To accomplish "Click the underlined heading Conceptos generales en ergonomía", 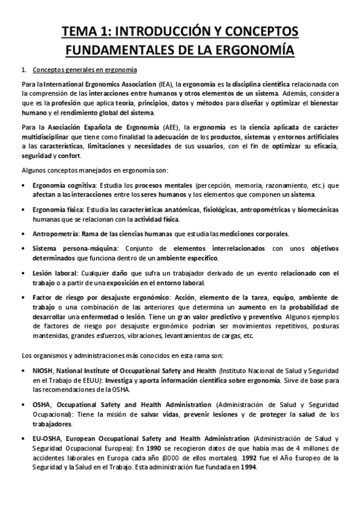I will coord(84,70).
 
